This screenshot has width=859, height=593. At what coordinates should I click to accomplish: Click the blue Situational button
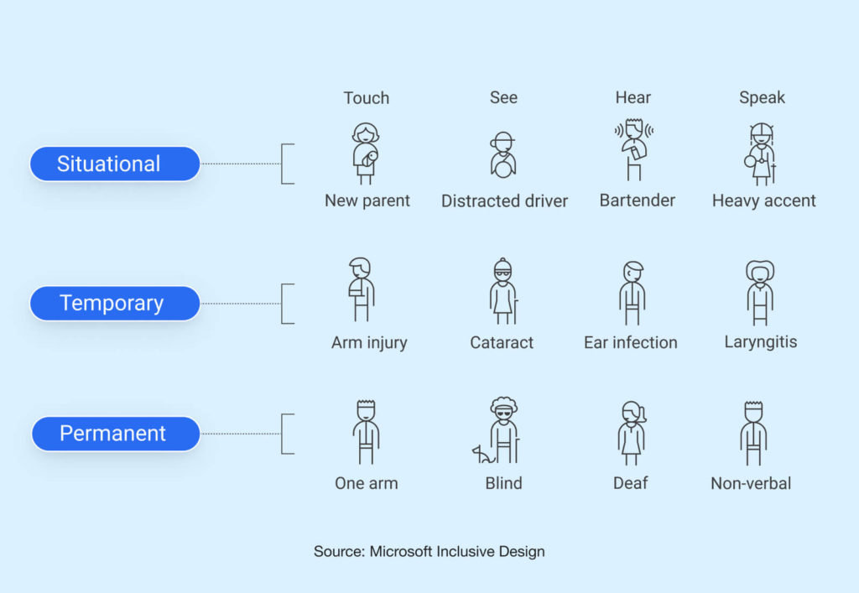[x=115, y=164]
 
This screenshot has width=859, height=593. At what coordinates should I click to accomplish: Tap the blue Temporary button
[x=115, y=304]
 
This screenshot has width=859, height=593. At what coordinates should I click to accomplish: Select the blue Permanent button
[x=116, y=434]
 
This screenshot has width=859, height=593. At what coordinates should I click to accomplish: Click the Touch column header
[x=367, y=98]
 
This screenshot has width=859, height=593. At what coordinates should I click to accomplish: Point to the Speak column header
[x=762, y=98]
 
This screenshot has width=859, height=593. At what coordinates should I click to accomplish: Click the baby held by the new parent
[x=370, y=158]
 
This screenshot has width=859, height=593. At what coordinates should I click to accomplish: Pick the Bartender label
[x=638, y=200]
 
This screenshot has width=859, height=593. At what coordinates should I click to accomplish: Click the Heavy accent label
[x=763, y=201]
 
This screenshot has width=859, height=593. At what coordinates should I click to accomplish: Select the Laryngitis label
[x=760, y=342]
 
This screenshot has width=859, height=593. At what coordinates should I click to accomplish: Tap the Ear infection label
[x=631, y=343]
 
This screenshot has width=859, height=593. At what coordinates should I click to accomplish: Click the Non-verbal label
[x=751, y=483]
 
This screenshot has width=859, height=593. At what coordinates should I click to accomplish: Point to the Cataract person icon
[x=503, y=291]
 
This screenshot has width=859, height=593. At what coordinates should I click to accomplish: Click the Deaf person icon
[x=633, y=433]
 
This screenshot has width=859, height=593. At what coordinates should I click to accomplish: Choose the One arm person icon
[x=366, y=433]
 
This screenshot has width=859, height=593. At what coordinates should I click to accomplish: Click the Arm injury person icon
[x=361, y=289]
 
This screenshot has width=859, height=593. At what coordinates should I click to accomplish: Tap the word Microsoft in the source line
[x=401, y=551]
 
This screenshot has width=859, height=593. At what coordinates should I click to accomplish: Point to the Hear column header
[x=633, y=98]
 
